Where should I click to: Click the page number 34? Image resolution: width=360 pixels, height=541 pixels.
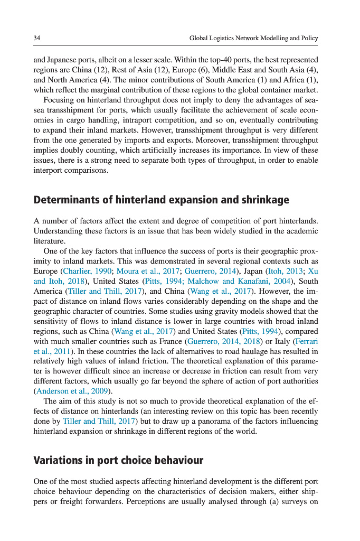(37, 39)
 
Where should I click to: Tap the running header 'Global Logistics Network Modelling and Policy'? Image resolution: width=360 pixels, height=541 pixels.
(253, 39)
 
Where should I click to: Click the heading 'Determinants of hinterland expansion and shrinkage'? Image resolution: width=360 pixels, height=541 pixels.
(161, 200)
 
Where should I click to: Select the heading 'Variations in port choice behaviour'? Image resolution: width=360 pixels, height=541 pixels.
(118, 460)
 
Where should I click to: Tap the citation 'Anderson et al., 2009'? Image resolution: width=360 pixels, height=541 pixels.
(72, 391)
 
